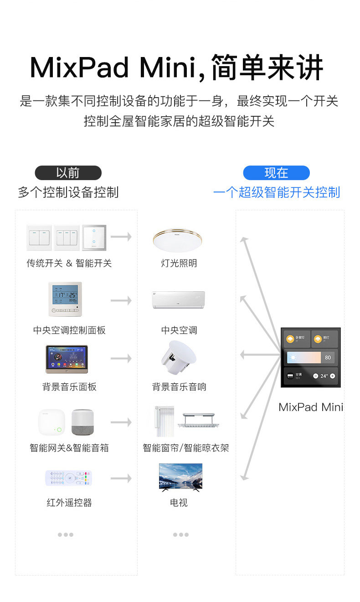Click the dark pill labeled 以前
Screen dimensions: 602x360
coord(68,173)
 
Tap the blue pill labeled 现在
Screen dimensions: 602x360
coord(276,173)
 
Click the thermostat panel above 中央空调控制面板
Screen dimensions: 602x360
coord(65,299)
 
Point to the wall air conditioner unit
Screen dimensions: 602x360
coord(179,300)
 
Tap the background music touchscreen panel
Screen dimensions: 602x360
coord(67,359)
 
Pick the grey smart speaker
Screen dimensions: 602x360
coord(82,422)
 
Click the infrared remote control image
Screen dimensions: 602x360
coord(68,478)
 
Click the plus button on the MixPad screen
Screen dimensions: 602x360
coord(332,376)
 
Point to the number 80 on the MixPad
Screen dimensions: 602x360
coord(328,358)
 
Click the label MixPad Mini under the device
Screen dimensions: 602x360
coord(311,407)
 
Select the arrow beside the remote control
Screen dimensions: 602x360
coord(121,478)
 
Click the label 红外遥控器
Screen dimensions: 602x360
coord(69,503)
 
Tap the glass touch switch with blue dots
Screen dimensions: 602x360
coord(94,238)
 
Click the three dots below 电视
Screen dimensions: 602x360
coord(180,535)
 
